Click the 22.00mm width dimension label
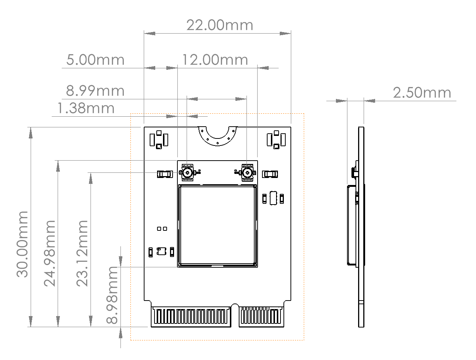tap(220, 25)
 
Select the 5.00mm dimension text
tap(95, 60)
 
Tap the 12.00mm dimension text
tap(215, 60)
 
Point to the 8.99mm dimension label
tap(95, 91)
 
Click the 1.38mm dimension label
tap(86, 109)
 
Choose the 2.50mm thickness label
tap(422, 93)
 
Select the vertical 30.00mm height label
tap(23, 244)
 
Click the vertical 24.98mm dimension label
tap(50, 253)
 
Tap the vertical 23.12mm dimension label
tap(82, 253)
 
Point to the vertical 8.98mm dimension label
tap(112, 295)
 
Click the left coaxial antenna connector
tap(187, 172)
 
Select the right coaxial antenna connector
tap(247, 172)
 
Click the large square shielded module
tap(217, 226)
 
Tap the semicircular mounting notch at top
tap(217, 135)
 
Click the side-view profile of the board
tap(361, 227)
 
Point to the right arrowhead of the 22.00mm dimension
tap(286, 33)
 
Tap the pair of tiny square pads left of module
tap(162, 229)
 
